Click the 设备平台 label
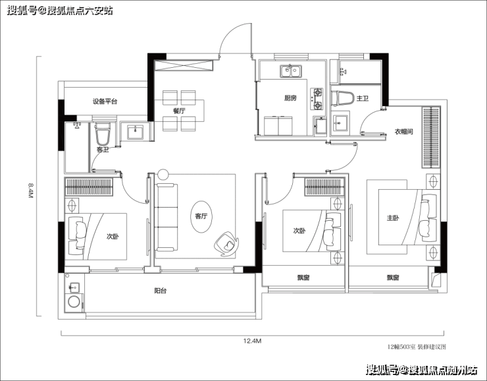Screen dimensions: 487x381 [105, 102]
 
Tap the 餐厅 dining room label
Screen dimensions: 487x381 [179, 111]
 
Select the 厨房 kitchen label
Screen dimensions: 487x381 [290, 98]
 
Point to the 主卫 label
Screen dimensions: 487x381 [363, 99]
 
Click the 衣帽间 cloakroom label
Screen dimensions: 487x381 [404, 132]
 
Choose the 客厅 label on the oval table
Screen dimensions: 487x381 [201, 216]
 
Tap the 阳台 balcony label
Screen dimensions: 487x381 [161, 291]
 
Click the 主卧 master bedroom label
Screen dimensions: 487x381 [393, 218]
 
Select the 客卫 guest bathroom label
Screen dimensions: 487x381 [103, 150]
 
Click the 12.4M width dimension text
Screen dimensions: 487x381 [252, 341]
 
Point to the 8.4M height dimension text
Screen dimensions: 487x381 [30, 190]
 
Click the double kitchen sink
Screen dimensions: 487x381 [290, 71]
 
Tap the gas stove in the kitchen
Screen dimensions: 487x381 [317, 100]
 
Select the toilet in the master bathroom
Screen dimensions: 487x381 [343, 98]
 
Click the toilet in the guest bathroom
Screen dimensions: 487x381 [103, 134]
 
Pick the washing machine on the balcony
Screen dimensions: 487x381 [74, 302]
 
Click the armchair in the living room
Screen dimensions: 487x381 [226, 244]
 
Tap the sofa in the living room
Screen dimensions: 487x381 [166, 217]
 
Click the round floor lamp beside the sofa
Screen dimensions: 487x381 [163, 174]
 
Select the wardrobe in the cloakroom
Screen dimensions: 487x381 [431, 137]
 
